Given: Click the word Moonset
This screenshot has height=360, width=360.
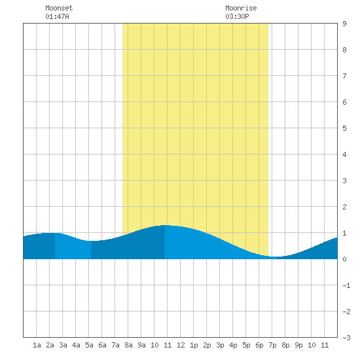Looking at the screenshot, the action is [59, 8].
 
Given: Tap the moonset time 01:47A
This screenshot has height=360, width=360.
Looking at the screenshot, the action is [57, 16].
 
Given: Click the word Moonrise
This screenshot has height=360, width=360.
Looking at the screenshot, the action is [241, 8].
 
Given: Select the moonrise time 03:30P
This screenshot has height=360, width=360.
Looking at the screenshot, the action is [237, 16].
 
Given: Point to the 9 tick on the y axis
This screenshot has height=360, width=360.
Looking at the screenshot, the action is [344, 24].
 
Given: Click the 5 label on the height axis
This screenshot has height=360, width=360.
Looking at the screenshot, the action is [344, 128].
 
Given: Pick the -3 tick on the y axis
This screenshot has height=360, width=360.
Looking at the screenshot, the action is [346, 338].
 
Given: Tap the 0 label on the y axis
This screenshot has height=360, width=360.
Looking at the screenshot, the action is [344, 259].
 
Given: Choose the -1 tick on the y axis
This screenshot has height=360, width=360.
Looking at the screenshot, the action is [346, 285].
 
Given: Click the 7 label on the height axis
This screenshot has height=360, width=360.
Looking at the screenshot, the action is [344, 76].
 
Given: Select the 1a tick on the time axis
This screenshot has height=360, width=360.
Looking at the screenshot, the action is [37, 345].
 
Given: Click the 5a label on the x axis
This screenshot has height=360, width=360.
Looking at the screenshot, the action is [89, 345].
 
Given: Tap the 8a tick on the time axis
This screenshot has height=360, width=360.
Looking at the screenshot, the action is [128, 345].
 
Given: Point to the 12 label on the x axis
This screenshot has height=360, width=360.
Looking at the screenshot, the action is [181, 345].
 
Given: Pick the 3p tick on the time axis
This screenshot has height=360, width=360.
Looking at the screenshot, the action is [220, 345].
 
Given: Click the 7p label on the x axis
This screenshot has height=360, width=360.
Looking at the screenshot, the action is [272, 345].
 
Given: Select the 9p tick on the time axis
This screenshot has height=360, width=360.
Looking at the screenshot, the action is [298, 345].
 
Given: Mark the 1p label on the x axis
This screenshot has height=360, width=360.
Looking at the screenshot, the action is [194, 345].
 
